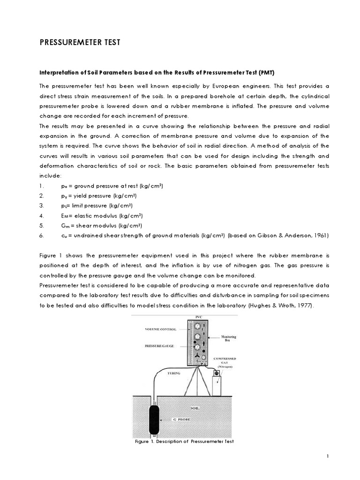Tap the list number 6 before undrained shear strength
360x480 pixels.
[42, 235]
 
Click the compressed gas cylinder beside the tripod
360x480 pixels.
[217, 384]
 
